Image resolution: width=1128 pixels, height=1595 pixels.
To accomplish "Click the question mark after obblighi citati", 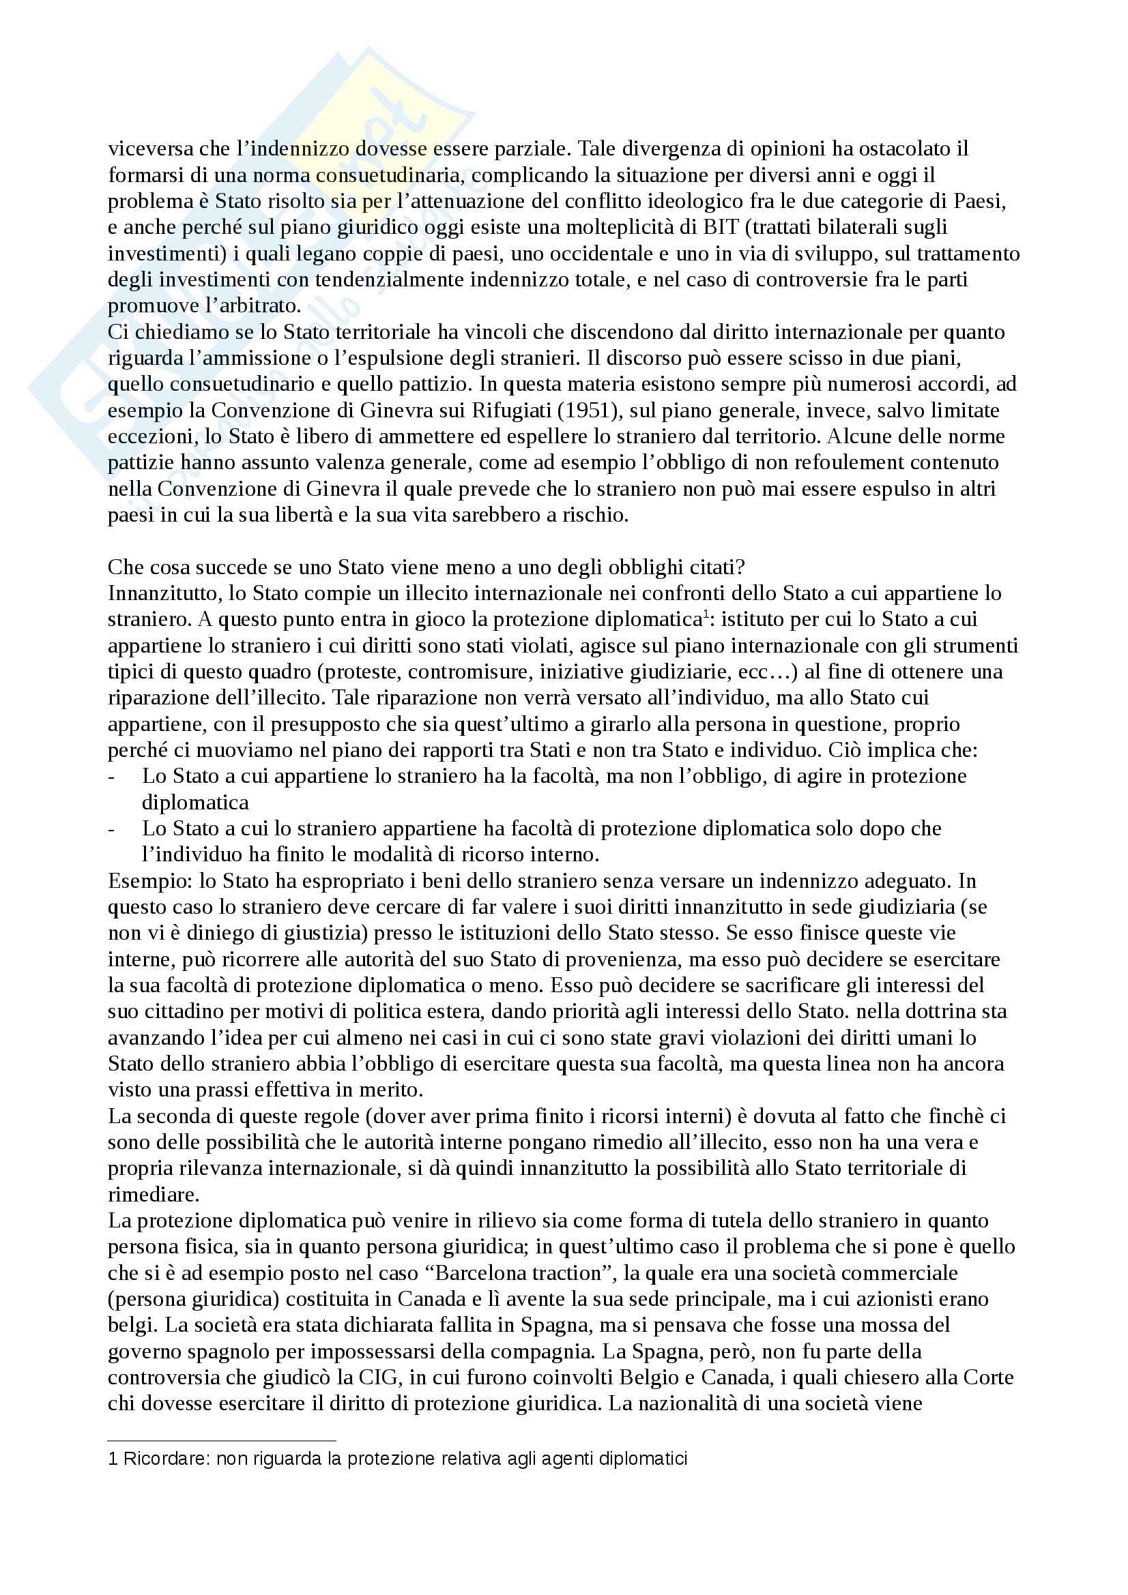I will point(741,567).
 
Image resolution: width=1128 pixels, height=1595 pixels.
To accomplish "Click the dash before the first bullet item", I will point(112,777).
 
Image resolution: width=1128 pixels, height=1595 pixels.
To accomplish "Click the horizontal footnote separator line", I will point(222,1441).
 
